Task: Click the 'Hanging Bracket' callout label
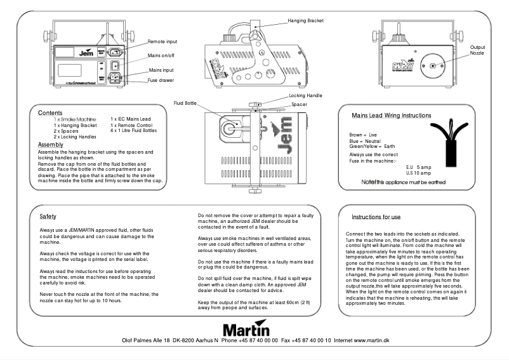point(306,21)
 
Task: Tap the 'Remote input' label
point(162,41)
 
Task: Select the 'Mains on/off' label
point(162,56)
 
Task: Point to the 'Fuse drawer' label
point(161,81)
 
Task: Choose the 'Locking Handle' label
point(306,95)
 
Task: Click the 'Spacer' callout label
point(300,103)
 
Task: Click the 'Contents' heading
point(50,112)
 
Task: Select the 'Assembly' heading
point(50,145)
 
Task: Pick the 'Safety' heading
point(48,217)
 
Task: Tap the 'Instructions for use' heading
point(376,217)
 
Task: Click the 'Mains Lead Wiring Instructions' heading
point(392,116)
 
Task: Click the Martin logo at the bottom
point(246,330)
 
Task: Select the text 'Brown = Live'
point(363,135)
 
